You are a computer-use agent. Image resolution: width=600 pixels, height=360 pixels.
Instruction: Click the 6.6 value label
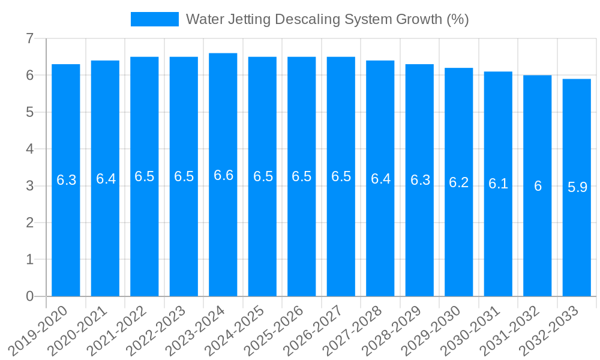pyautogui.click(x=223, y=175)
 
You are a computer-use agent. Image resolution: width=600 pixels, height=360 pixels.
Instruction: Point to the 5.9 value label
pyautogui.click(x=577, y=187)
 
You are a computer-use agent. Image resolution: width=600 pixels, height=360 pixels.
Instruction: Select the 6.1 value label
pyautogui.click(x=498, y=184)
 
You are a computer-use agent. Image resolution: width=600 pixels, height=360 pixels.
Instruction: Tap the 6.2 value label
pyautogui.click(x=459, y=182)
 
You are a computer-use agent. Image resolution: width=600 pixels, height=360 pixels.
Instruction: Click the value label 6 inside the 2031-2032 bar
pyautogui.click(x=538, y=186)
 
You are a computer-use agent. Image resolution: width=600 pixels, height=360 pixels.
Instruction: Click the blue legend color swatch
pyautogui.click(x=155, y=19)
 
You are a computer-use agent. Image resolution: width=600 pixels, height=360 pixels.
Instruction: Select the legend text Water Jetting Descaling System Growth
pyautogui.click(x=327, y=19)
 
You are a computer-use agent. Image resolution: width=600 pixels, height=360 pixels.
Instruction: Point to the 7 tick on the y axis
pyautogui.click(x=29, y=38)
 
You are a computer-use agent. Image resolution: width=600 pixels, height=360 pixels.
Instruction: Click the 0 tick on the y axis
pyautogui.click(x=29, y=296)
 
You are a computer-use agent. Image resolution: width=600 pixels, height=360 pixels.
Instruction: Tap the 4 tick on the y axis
pyautogui.click(x=29, y=149)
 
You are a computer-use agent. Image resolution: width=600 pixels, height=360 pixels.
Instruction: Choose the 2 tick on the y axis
pyautogui.click(x=29, y=223)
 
